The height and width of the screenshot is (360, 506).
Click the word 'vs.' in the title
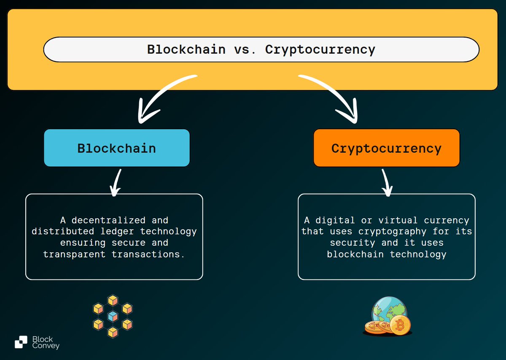click(x=245, y=49)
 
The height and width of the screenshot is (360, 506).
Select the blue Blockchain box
click(x=117, y=148)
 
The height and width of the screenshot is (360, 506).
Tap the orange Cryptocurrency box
click(x=386, y=148)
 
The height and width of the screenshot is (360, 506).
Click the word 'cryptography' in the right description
click(x=392, y=231)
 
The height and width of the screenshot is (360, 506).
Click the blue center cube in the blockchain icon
click(x=113, y=316)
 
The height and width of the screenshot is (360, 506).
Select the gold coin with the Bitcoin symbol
click(x=399, y=325)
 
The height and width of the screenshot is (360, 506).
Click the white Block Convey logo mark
click(x=21, y=342)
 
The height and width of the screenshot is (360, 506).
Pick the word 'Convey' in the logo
click(x=46, y=346)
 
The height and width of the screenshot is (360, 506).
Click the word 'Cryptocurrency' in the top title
click(x=320, y=49)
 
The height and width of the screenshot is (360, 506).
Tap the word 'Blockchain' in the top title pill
click(x=186, y=49)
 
